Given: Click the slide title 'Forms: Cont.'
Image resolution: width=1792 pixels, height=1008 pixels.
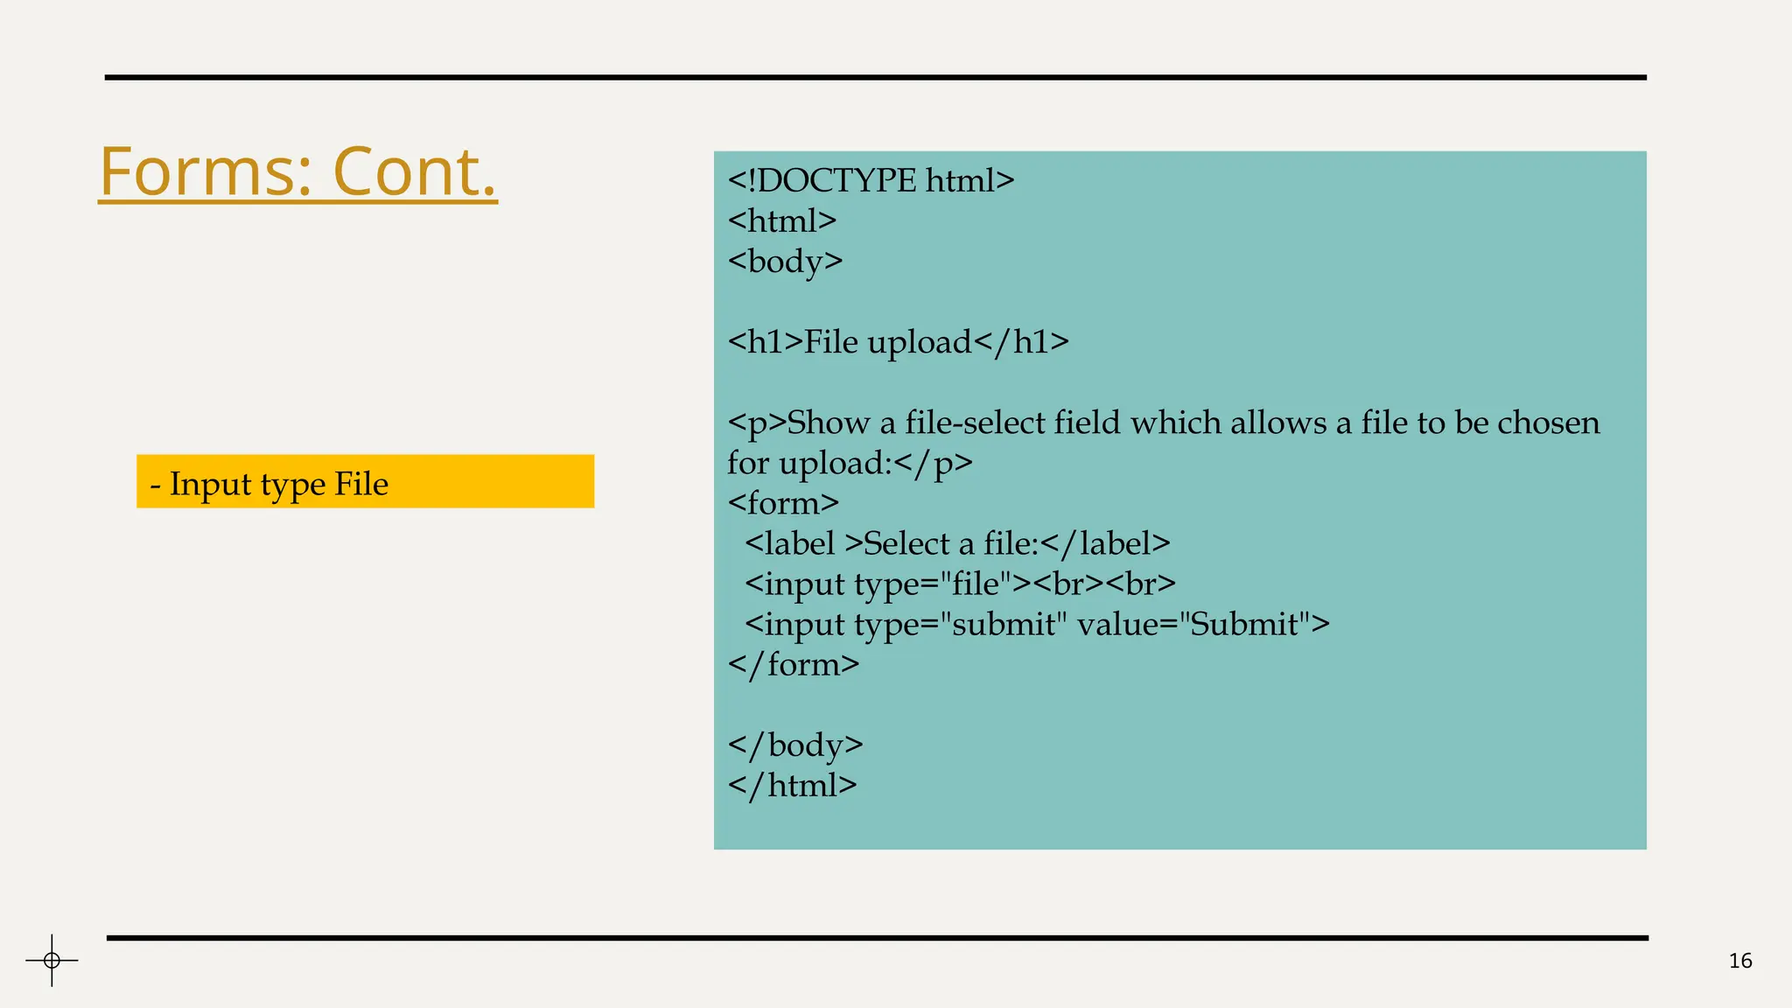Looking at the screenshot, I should click(x=297, y=171).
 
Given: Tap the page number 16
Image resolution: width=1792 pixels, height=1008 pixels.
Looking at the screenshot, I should click(x=1740, y=961).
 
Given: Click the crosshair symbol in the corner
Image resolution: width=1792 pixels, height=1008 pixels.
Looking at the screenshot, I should click(x=52, y=961).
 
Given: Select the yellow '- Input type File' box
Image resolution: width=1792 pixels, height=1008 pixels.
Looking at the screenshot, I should click(x=365, y=481).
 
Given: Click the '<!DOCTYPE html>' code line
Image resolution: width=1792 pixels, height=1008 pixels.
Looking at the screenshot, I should click(x=871, y=180).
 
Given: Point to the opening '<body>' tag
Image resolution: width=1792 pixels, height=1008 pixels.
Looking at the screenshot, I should click(x=785, y=261).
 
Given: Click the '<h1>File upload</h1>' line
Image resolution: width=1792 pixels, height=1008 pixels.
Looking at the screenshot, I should click(x=898, y=341).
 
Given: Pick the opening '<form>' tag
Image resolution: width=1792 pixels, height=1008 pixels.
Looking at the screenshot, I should click(x=783, y=503).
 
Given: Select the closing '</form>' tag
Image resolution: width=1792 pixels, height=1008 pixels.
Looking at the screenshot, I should click(x=794, y=664).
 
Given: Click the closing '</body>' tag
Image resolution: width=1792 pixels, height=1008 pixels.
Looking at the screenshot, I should click(x=795, y=745).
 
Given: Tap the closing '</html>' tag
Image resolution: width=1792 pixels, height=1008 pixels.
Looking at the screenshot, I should click(x=792, y=785).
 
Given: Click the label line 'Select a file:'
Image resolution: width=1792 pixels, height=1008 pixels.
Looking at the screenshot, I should click(x=957, y=543).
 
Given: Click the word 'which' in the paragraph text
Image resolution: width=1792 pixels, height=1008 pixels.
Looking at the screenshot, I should click(x=1175, y=423).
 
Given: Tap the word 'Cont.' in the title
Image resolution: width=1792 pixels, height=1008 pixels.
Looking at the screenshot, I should click(x=415, y=171).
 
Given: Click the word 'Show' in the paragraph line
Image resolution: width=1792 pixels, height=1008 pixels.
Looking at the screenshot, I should click(x=828, y=423).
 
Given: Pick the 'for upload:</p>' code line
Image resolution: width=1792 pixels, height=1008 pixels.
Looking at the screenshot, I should click(x=850, y=463).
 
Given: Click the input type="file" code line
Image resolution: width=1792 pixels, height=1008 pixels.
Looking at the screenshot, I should click(x=960, y=584).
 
